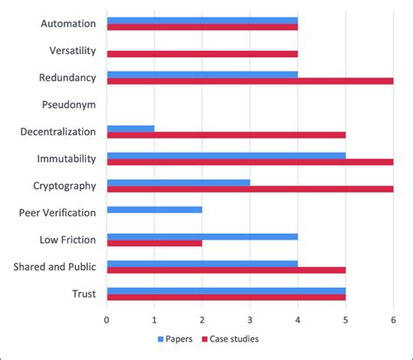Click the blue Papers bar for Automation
pyautogui.click(x=202, y=19)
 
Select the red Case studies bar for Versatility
pyautogui.click(x=202, y=54)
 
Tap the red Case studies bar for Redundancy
pyautogui.click(x=250, y=81)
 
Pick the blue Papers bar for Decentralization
pyautogui.click(x=131, y=129)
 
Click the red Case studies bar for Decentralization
pyautogui.click(x=227, y=135)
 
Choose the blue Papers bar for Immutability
pyautogui.click(x=227, y=156)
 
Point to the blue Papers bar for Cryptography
pyautogui.click(x=179, y=182)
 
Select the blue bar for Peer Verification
pyautogui.click(x=154, y=210)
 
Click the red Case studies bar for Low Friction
pyautogui.click(x=154, y=243)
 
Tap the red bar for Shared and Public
pyautogui.click(x=227, y=270)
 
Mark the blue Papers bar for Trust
pyautogui.click(x=227, y=291)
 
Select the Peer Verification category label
pyautogui.click(x=53, y=213)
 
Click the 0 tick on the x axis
pyautogui.click(x=107, y=319)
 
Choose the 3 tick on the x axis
pyautogui.click(x=250, y=319)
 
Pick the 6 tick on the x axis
pyautogui.click(x=393, y=319)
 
